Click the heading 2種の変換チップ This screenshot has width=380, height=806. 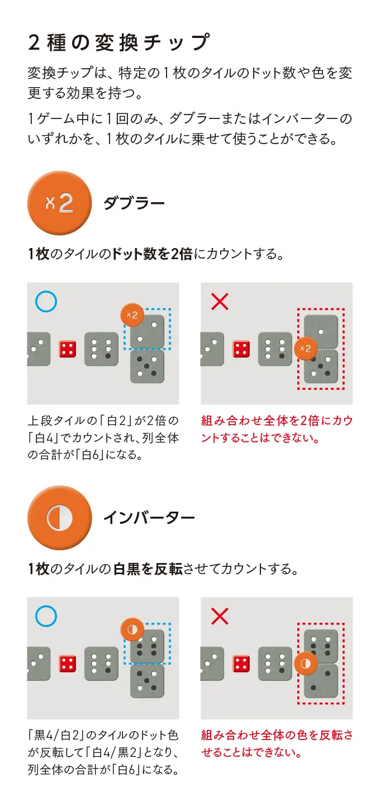coord(118,42)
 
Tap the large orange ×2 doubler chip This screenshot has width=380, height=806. coord(59,203)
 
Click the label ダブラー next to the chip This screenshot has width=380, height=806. coord(134,203)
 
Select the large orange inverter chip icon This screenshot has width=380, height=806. coord(59,518)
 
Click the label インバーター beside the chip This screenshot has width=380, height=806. coord(149,518)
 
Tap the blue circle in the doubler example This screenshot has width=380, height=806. coord(46,302)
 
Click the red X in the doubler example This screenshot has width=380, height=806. coord(220,302)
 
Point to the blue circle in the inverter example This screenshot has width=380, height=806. coord(46,616)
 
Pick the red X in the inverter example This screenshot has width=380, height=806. coord(220,617)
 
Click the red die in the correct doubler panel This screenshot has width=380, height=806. coord(68,349)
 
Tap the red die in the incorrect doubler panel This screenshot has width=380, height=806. coord(241,349)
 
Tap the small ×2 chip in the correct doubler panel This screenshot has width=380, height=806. coord(132,315)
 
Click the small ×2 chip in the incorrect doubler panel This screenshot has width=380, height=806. coord(306,349)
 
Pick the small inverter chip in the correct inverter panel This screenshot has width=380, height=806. coord(132,629)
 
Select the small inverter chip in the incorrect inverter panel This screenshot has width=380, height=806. coord(306,663)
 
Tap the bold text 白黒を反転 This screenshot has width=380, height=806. coord(148,569)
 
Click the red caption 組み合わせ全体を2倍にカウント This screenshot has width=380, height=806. coord(277,430)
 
